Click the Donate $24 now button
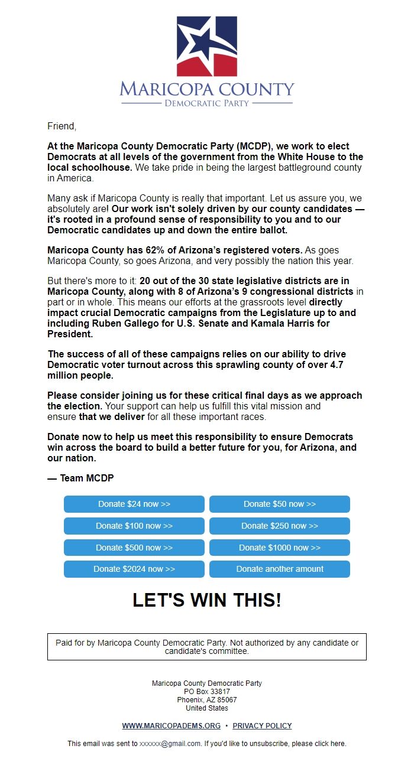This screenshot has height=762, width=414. click(x=134, y=504)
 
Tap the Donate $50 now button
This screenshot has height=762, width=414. click(x=280, y=504)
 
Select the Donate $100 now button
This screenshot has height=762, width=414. click(x=134, y=526)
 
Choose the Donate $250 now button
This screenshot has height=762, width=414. click(x=280, y=526)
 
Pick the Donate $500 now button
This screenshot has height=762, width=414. click(x=134, y=548)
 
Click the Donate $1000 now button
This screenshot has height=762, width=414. click(x=280, y=548)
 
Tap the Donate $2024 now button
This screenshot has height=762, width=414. click(x=134, y=569)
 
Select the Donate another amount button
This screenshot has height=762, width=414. click(x=280, y=569)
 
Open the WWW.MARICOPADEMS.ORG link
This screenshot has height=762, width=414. click(x=171, y=725)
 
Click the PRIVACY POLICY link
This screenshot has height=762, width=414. click(x=262, y=725)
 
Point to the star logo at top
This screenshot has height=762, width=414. click(x=207, y=47)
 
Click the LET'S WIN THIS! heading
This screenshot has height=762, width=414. click(x=207, y=600)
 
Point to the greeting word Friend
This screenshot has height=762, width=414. click(x=62, y=126)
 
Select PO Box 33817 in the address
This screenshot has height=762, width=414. click(x=207, y=692)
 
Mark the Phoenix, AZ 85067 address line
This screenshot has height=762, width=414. click(x=207, y=700)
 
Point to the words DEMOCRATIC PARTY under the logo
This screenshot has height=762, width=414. click(x=207, y=103)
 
